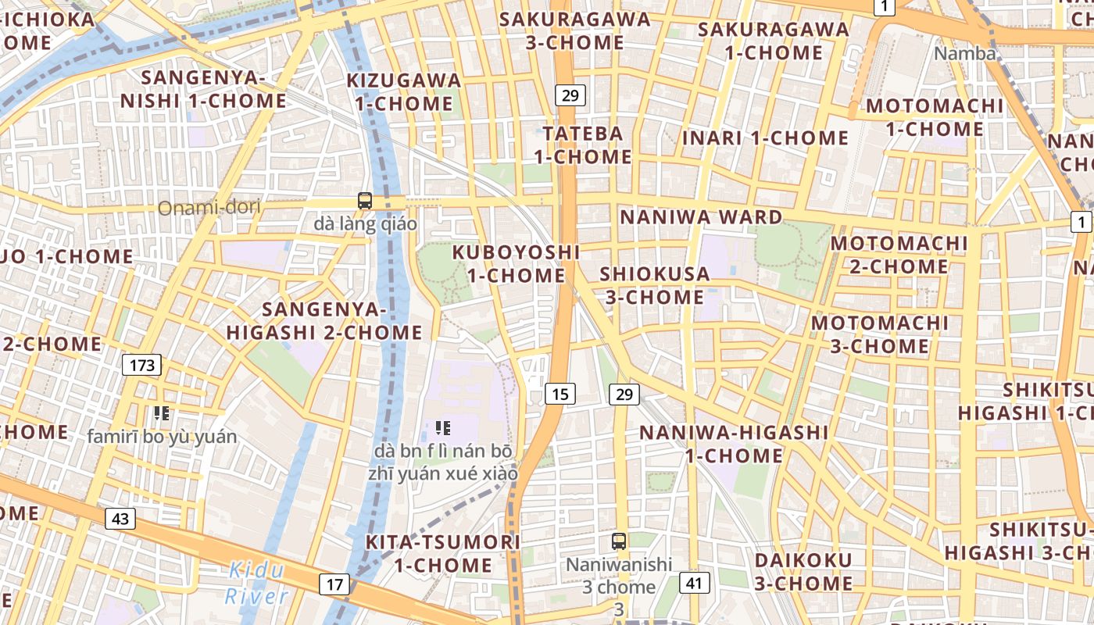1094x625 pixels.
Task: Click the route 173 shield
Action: (141, 365)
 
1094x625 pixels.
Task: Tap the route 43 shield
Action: (120, 518)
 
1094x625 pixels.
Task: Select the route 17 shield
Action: (334, 584)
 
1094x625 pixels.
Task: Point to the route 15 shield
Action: (560, 394)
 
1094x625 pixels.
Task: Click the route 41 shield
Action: (695, 582)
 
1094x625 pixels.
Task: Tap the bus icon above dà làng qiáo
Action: (365, 201)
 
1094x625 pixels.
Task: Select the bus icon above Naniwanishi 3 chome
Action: (619, 541)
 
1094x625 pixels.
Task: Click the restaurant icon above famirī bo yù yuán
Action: (162, 412)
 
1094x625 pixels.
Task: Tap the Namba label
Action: (965, 53)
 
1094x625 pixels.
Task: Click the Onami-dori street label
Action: (209, 208)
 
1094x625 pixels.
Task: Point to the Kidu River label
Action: (256, 584)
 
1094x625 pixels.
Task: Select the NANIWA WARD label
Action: (701, 217)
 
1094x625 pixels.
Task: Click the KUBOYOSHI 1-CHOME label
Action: (516, 264)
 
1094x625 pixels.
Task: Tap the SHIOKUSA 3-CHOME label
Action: (654, 285)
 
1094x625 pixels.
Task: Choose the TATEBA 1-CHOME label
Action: (583, 145)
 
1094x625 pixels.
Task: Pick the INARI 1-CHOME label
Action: (765, 138)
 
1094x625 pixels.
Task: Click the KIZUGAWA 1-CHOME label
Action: (403, 91)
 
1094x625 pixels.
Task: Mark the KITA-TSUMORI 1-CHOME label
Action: (443, 553)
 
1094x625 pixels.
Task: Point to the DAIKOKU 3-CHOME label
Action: (803, 571)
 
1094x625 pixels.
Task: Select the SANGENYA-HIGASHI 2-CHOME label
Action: (324, 321)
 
